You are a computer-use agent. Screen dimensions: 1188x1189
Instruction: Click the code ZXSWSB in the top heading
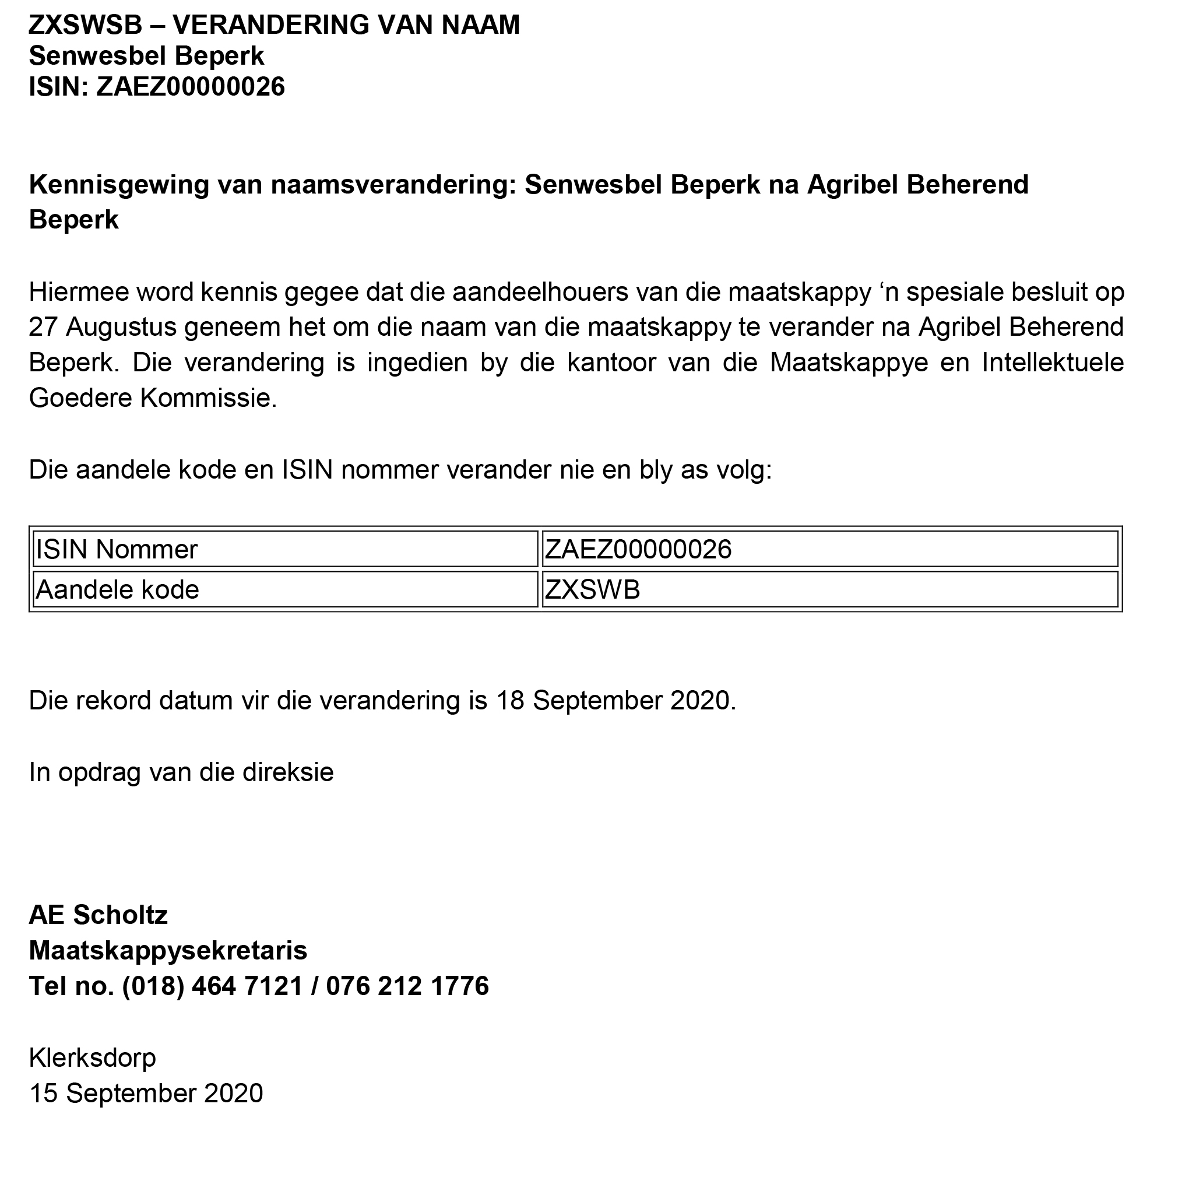[86, 25]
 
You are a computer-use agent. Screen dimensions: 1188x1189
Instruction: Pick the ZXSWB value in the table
[593, 591]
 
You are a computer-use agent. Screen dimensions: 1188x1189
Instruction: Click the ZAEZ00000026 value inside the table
[638, 550]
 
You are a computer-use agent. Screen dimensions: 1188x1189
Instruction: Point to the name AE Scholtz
[99, 915]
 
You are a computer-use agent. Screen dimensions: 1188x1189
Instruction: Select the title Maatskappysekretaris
[168, 951]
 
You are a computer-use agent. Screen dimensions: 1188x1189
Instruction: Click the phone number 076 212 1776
[407, 987]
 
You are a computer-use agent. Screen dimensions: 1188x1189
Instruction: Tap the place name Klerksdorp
[92, 1058]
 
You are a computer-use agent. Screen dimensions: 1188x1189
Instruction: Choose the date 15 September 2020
[146, 1094]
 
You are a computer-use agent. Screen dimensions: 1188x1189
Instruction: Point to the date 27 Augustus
[103, 327]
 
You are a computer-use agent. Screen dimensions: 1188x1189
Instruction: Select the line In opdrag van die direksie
[181, 772]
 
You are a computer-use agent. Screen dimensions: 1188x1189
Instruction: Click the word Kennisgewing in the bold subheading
[119, 185]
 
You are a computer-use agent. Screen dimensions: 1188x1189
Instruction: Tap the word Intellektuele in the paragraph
[1053, 363]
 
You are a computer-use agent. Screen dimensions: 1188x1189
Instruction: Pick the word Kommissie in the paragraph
[209, 398]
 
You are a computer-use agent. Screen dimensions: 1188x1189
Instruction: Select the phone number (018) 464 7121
[213, 987]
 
